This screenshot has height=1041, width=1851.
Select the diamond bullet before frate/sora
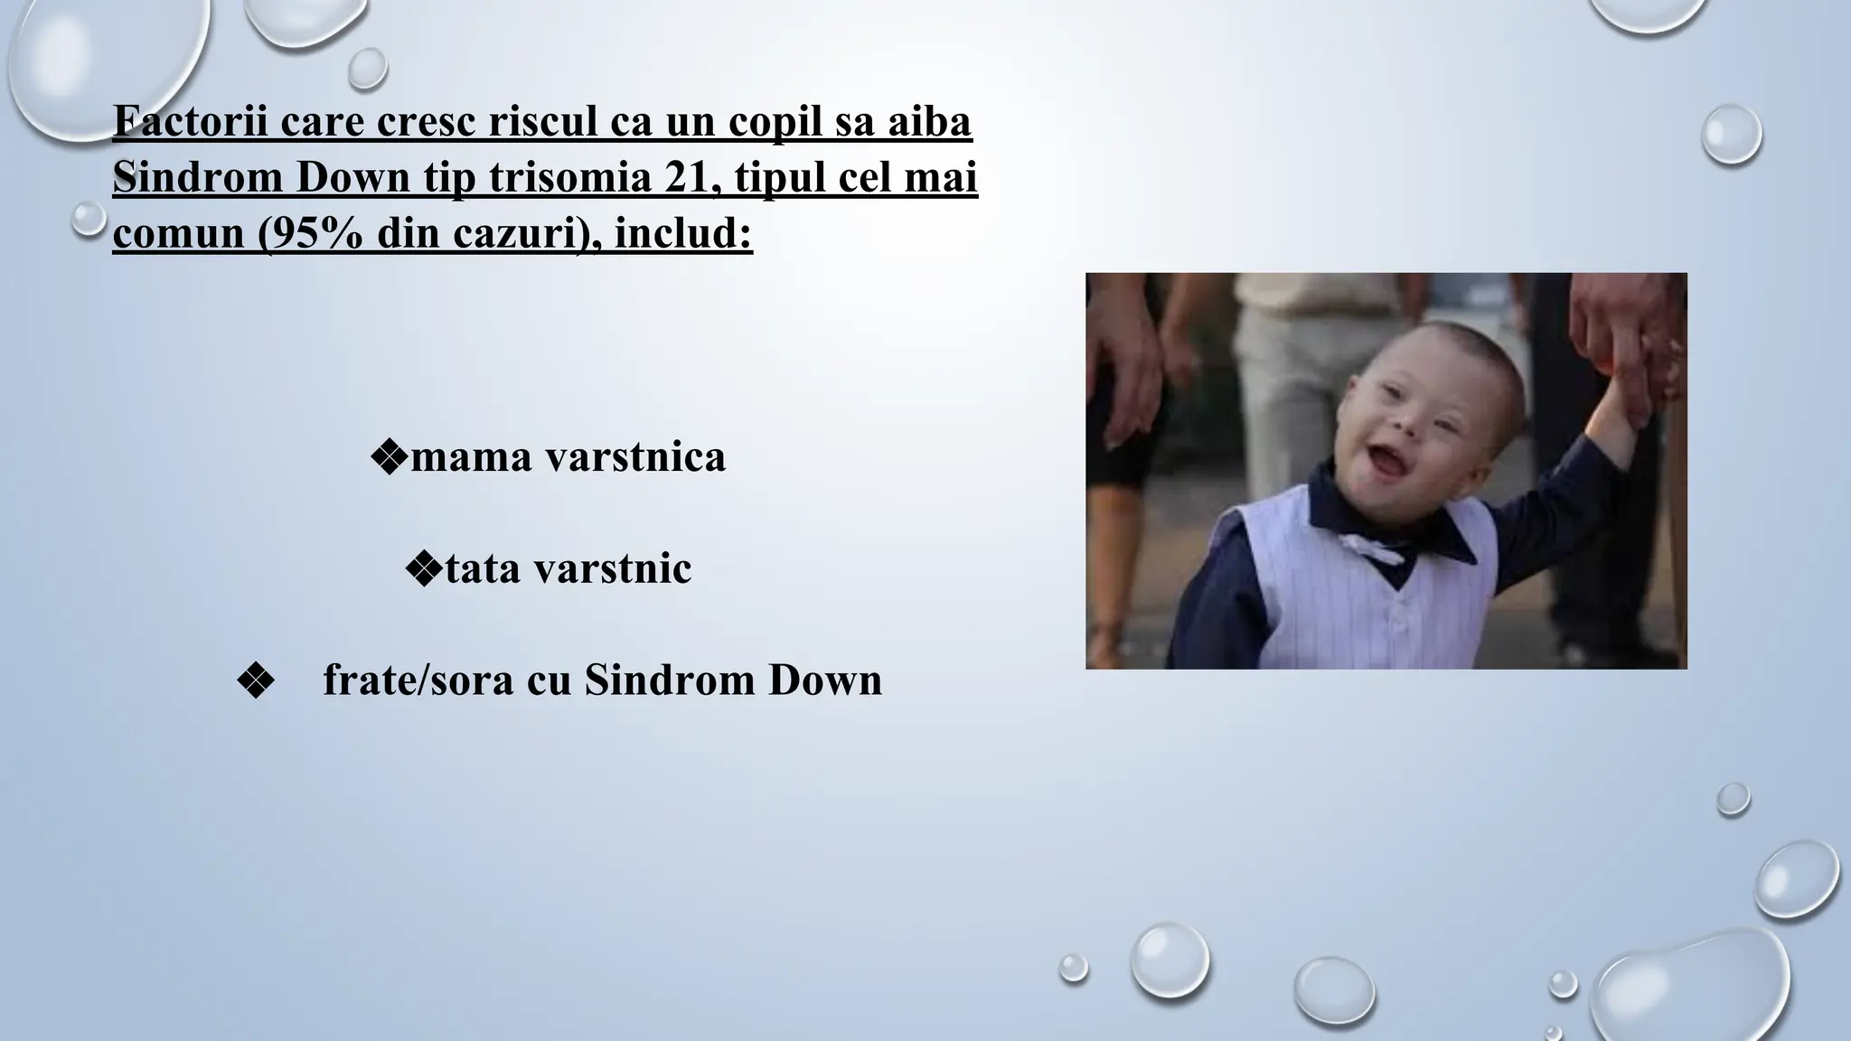(x=255, y=681)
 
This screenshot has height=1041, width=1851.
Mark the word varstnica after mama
(x=634, y=457)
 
